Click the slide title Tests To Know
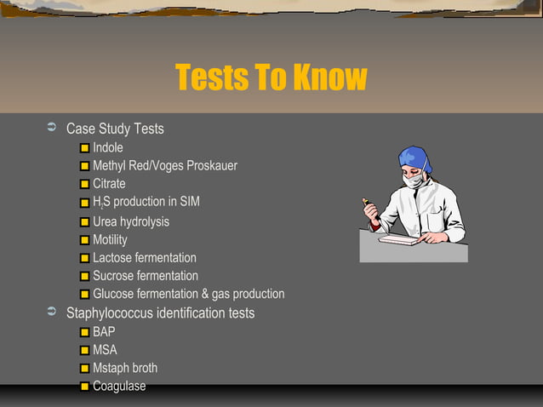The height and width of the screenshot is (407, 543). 271,78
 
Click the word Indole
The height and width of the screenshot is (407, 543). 107,148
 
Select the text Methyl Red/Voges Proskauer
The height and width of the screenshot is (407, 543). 164,166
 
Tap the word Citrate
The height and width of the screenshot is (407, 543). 109,184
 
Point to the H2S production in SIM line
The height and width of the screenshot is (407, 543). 146,202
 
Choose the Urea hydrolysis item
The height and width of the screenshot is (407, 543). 130,221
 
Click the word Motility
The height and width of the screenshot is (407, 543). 110,240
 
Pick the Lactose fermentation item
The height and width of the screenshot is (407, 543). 144,258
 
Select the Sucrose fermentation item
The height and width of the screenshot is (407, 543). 145,276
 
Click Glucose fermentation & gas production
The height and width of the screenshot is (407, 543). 188,295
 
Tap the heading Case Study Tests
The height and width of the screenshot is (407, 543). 115,129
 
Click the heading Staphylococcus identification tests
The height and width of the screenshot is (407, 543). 160,313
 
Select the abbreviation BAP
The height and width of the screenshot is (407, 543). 104,332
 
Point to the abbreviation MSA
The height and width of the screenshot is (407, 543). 105,350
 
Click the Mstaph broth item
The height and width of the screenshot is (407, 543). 124,369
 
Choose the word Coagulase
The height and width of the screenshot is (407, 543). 119,387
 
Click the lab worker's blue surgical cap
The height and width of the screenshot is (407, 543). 416,158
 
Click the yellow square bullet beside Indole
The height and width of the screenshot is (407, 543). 85,149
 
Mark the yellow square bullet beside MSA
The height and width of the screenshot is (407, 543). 85,351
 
